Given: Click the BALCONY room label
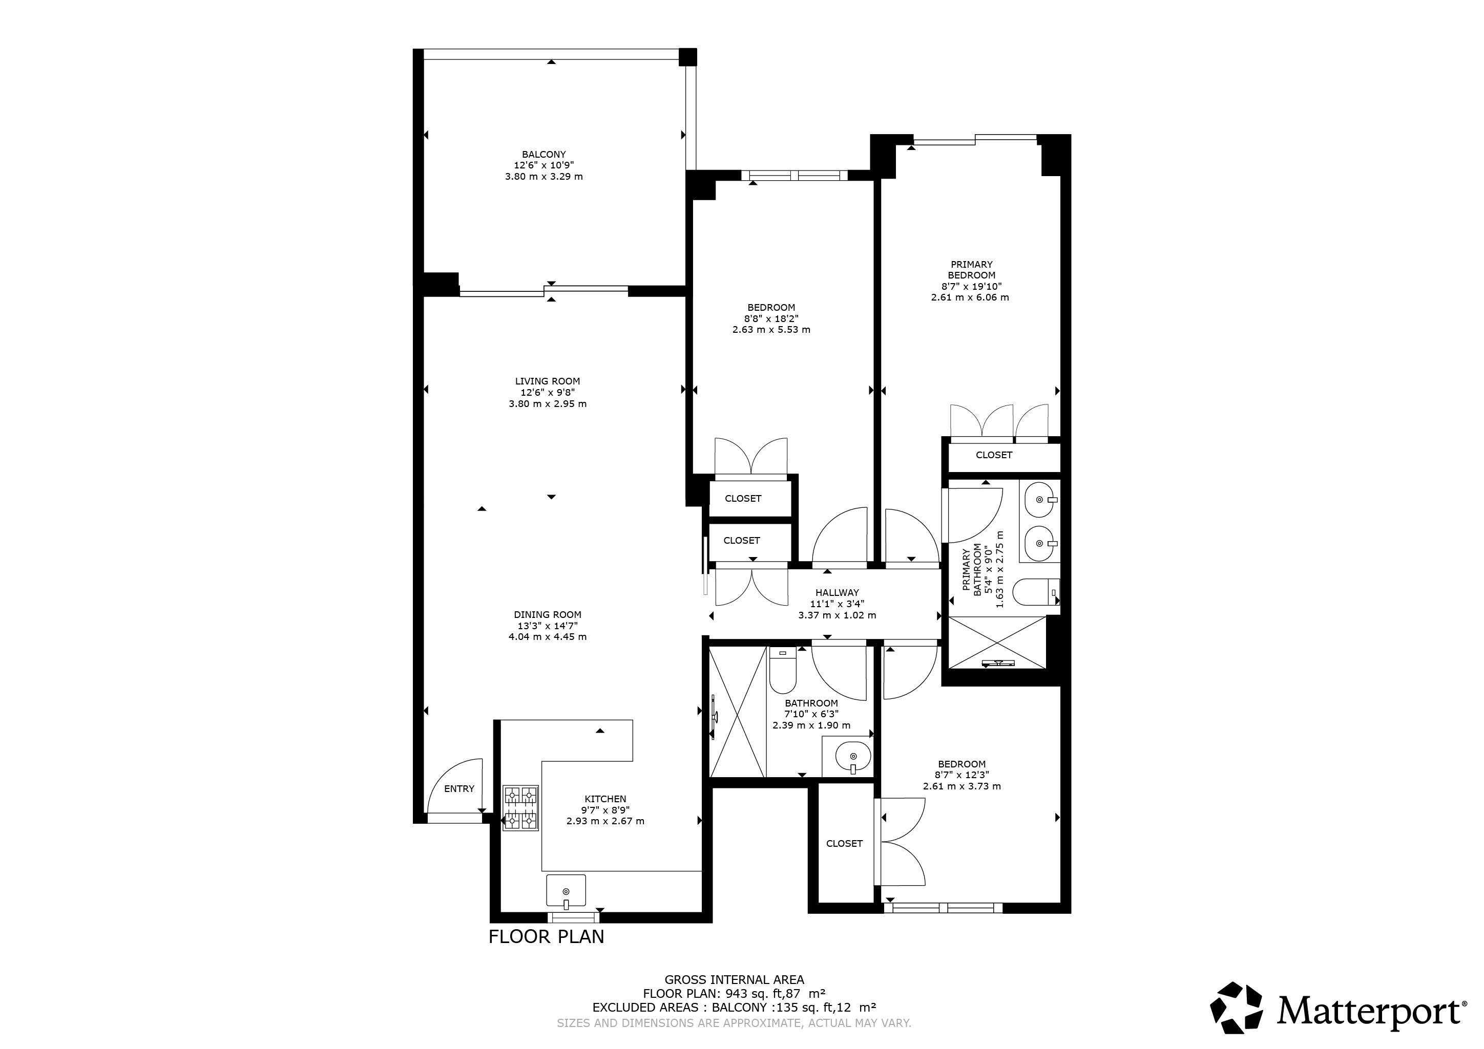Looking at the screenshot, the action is pos(544,155).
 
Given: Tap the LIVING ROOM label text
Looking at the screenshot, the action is pos(548,381).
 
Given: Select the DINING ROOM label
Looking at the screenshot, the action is pos(548,615).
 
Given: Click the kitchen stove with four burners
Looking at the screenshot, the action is pos(520,807).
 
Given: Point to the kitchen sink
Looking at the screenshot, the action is pos(566,891).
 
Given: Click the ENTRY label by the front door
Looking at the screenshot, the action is pos(459,789).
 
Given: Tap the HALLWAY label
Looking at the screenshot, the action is pos(837,592).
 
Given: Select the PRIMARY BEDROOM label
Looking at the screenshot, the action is pos(971,269).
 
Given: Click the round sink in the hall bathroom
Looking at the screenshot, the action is pos(852,756).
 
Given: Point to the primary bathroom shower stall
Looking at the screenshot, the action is pos(996,643).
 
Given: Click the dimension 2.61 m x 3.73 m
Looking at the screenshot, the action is pos(962,786).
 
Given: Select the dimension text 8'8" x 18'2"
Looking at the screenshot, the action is pos(771,318).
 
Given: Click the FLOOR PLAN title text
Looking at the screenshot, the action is pos(546,936).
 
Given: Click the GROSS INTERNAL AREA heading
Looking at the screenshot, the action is pos(734,980).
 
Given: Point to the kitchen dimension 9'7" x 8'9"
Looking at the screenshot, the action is pos(605,810).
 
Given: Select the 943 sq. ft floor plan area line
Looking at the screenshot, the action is pos(734,993).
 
